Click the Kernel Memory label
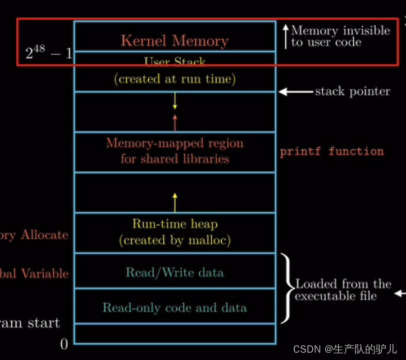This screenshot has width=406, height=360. tap(175, 41)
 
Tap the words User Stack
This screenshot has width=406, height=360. tap(175, 61)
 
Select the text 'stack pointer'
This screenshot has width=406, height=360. tap(352, 91)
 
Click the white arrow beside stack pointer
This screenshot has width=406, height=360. tap(295, 91)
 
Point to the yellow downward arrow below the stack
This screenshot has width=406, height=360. tap(175, 101)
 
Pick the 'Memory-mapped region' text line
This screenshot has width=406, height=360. tap(175, 143)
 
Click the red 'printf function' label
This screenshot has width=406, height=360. tap(332, 151)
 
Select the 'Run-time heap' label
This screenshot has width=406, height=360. tap(175, 224)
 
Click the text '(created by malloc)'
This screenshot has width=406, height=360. tap(175, 240)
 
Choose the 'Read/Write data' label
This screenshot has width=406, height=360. tap(175, 273)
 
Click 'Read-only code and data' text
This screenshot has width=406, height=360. tap(175, 308)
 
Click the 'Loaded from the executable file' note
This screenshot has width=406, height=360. tap(343, 290)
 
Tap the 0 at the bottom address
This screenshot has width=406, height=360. tap(64, 344)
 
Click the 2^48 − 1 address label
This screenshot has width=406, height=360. tap(49, 53)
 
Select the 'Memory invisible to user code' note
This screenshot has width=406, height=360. tap(340, 36)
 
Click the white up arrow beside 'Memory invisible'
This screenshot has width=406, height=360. tap(285, 35)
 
